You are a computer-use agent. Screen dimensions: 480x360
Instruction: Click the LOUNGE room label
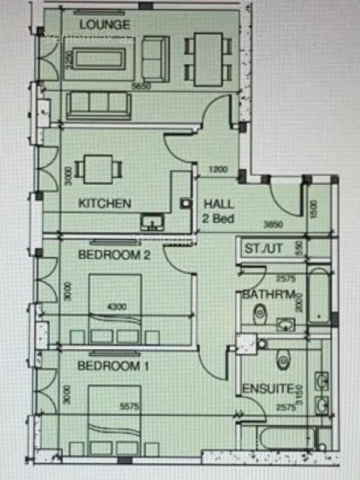[x=105, y=25]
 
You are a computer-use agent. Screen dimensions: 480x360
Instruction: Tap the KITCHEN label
[x=105, y=203]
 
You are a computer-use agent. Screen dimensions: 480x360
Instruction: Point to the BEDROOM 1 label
[x=114, y=365]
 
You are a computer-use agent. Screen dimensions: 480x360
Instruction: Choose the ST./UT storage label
[x=264, y=248]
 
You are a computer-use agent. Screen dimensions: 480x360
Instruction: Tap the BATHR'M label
[x=269, y=295]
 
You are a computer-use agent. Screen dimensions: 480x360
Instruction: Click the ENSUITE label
[x=268, y=389]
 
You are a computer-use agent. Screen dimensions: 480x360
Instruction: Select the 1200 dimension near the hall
[x=220, y=170]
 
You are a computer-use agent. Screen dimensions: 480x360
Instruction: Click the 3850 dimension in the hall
[x=273, y=224]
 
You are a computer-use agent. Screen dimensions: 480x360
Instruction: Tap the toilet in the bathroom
[x=260, y=312]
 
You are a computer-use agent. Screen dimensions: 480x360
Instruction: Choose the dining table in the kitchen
[x=98, y=169]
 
